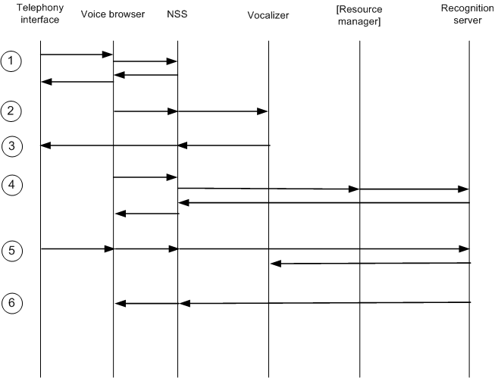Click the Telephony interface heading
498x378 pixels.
39,14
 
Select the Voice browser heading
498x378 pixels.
112,14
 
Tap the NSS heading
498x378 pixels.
177,14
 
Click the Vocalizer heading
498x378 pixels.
269,14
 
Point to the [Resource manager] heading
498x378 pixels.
359,14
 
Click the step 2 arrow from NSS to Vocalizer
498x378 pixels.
223,111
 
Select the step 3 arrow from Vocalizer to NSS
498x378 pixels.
224,145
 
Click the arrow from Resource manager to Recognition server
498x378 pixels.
414,189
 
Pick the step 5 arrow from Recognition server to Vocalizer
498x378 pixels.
371,263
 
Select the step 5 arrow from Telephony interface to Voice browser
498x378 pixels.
76,248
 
